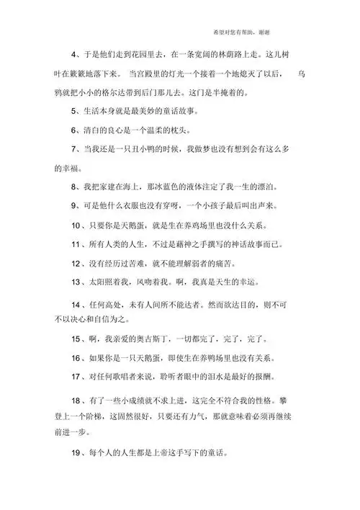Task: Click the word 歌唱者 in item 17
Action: [x=124, y=376]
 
